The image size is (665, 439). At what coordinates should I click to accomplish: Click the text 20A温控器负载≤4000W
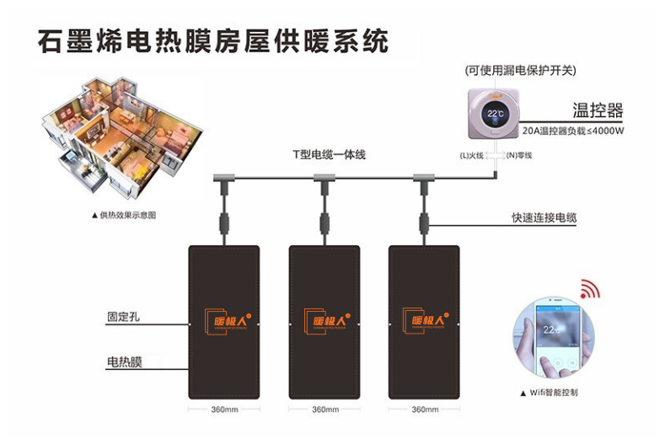[573, 131]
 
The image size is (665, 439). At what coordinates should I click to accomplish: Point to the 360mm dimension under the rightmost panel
[424, 410]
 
